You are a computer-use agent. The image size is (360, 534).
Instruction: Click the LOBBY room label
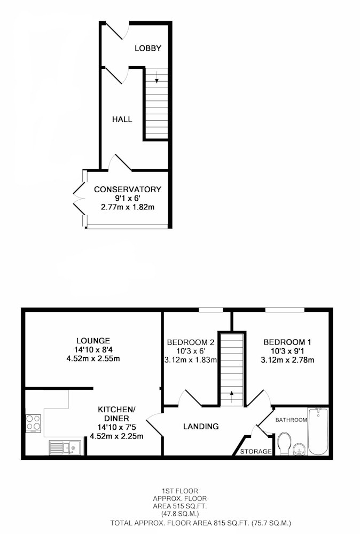click(148, 49)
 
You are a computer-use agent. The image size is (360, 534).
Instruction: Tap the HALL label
click(122, 120)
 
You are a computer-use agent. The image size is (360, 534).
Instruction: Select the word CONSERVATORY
click(128, 190)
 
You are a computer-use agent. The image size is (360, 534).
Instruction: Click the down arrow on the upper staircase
click(156, 77)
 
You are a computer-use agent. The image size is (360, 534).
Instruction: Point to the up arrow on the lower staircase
click(232, 397)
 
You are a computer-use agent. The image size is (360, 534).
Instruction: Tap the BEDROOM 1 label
click(287, 342)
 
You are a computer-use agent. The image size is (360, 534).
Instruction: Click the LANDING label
click(201, 426)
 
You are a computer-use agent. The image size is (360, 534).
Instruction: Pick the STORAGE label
click(256, 452)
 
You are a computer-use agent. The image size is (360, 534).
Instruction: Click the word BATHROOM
click(291, 420)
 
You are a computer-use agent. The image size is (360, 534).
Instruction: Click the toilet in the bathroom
click(284, 444)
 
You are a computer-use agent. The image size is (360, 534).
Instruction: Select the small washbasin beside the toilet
click(299, 450)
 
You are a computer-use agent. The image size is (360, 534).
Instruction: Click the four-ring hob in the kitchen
click(33, 423)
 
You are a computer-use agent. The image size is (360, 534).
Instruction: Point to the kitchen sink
click(65, 447)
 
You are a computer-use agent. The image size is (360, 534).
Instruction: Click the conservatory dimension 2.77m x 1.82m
click(128, 207)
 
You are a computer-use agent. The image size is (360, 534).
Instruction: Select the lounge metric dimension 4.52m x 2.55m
click(93, 359)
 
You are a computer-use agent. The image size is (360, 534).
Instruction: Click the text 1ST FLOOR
click(180, 491)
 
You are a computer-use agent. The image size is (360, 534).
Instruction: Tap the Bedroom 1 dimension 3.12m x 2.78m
click(287, 360)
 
